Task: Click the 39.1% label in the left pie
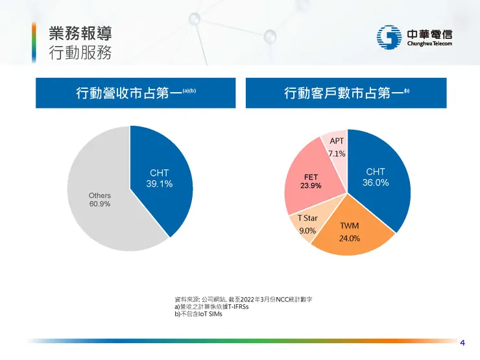pyautogui.click(x=159, y=184)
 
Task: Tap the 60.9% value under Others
pyautogui.click(x=99, y=204)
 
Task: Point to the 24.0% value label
pyautogui.click(x=350, y=238)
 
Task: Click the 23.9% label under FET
pyautogui.click(x=311, y=186)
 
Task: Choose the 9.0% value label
pyautogui.click(x=307, y=230)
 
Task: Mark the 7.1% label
pyautogui.click(x=337, y=154)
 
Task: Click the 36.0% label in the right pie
pyautogui.click(x=376, y=183)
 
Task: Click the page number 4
pyautogui.click(x=462, y=342)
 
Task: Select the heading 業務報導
pyautogui.click(x=79, y=33)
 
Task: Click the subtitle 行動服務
pyautogui.click(x=79, y=53)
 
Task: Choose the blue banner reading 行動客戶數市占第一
pyautogui.click(x=346, y=93)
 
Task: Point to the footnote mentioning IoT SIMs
pyautogui.click(x=195, y=314)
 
